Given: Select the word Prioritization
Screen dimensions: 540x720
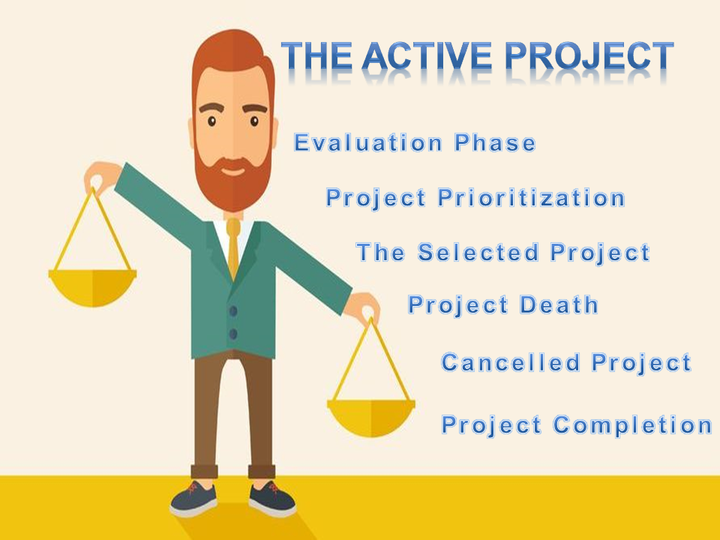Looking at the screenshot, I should [x=531, y=198].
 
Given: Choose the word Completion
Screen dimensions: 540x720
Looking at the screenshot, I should [x=632, y=425].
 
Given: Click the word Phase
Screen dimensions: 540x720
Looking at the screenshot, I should [x=495, y=142].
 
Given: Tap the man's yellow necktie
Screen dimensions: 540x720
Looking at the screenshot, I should [x=233, y=247].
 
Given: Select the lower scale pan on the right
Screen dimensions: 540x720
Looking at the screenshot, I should [x=370, y=415].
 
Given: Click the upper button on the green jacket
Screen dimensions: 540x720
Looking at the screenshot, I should [x=233, y=310].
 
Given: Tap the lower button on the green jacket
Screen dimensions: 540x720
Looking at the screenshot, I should [x=233, y=334].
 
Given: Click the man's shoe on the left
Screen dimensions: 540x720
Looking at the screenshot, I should [x=193, y=499].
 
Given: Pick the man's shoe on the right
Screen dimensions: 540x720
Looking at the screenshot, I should [x=271, y=499].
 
